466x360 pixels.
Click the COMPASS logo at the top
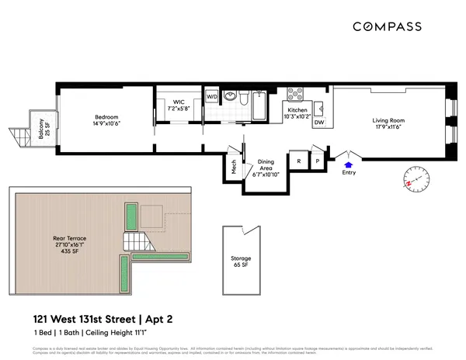[x=388, y=26]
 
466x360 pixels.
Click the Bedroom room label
[x=106, y=119]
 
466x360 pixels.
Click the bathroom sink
[x=231, y=97]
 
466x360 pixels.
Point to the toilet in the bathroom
[x=244, y=98]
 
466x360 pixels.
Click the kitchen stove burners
[x=296, y=95]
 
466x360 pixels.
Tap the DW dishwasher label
[x=318, y=123]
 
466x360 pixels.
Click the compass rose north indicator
[x=417, y=181]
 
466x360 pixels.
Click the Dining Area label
[x=266, y=169]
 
